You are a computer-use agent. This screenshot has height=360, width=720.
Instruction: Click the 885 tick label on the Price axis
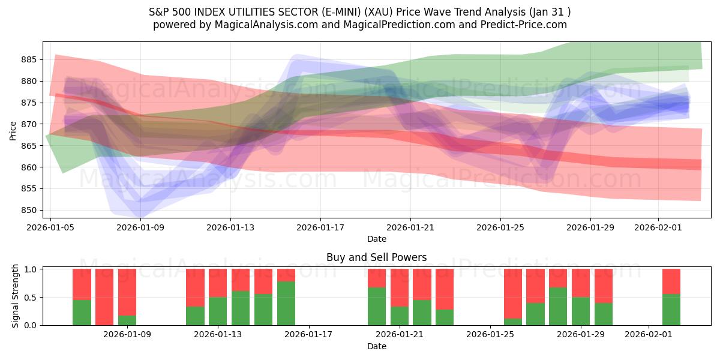click(x=29, y=59)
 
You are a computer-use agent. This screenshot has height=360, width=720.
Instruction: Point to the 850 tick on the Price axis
click(x=29, y=210)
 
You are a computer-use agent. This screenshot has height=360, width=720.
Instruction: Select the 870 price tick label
click(x=29, y=124)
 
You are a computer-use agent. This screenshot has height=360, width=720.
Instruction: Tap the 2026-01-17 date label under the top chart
click(x=320, y=227)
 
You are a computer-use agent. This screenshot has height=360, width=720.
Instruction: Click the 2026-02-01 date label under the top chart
click(x=658, y=227)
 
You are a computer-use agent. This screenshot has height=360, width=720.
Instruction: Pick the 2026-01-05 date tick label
click(x=50, y=227)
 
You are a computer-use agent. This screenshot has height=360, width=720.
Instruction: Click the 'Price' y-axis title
click(x=13, y=130)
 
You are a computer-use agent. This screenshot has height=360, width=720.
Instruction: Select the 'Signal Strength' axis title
click(x=16, y=296)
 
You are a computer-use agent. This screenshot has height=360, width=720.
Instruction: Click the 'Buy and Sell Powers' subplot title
click(x=376, y=257)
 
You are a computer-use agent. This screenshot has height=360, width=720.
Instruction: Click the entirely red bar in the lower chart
click(x=104, y=297)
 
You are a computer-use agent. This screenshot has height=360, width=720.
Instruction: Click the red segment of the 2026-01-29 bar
click(x=580, y=283)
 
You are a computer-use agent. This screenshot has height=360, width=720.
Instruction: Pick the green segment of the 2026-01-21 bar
click(x=399, y=316)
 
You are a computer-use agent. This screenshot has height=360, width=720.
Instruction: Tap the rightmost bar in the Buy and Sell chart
click(x=671, y=297)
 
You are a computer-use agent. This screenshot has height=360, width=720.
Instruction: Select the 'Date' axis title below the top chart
click(x=376, y=239)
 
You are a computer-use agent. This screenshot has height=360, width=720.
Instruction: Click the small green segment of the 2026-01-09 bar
click(x=127, y=320)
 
